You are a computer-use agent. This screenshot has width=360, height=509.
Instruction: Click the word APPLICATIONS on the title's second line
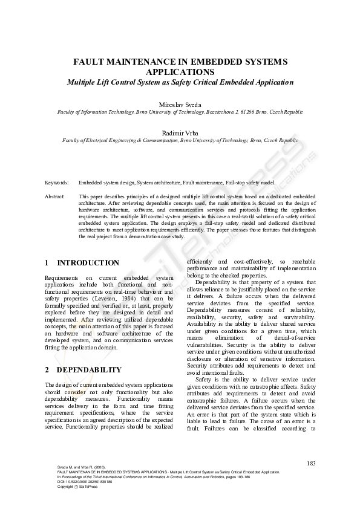click(x=180, y=71)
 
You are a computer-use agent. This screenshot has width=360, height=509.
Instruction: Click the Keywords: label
click(x=57, y=182)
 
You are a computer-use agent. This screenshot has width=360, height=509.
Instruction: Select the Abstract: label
click(x=55, y=197)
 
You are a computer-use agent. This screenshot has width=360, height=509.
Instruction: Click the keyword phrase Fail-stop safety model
click(x=250, y=182)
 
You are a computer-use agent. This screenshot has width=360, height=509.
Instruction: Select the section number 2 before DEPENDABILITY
click(x=47, y=369)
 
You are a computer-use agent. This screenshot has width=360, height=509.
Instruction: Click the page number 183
click(x=311, y=463)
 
